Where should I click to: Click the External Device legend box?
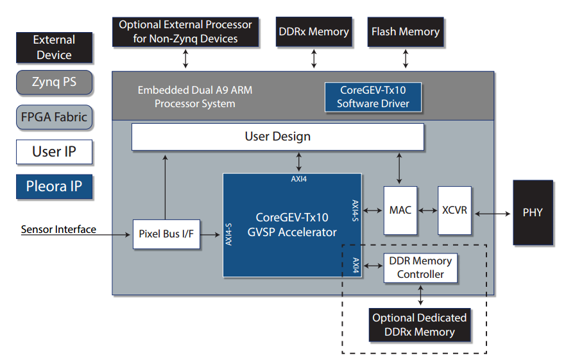click(54, 47)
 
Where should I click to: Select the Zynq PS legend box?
click(54, 82)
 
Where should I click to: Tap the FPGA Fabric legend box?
click(54, 117)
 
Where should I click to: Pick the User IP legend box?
click(54, 152)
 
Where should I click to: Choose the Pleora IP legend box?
click(54, 187)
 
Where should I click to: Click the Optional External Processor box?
click(186, 31)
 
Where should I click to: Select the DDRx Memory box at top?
click(314, 31)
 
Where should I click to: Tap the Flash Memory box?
click(406, 31)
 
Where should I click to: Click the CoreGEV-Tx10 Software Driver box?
click(373, 97)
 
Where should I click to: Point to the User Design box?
click(277, 137)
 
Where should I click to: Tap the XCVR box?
click(455, 210)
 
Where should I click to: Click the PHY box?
click(533, 212)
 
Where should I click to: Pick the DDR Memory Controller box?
click(420, 268)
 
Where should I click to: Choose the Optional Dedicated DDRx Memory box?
click(420, 325)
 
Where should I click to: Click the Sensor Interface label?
click(58, 229)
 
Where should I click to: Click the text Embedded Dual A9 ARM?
click(194, 90)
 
